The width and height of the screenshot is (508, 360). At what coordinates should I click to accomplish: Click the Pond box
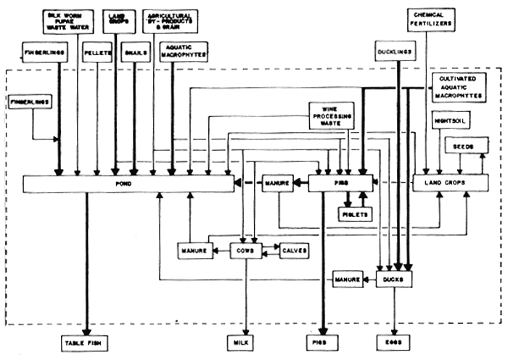pyautogui.click(x=128, y=184)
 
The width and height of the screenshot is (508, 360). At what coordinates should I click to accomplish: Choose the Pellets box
pyautogui.click(x=97, y=53)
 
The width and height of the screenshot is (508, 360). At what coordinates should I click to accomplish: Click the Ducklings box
pyautogui.click(x=395, y=53)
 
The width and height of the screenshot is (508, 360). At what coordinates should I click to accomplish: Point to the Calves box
pyautogui.click(x=290, y=250)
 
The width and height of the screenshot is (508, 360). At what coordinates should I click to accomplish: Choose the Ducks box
pyautogui.click(x=394, y=277)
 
